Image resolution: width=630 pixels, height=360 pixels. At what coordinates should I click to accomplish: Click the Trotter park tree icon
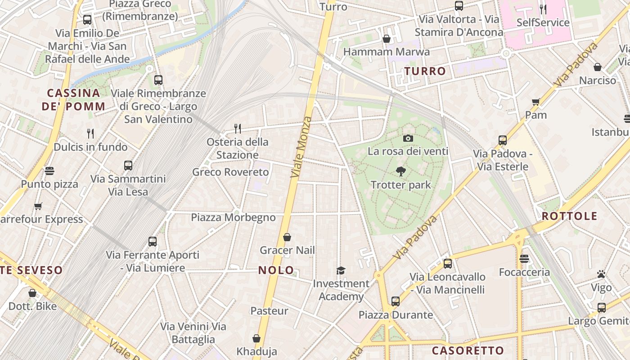(x=400, y=171)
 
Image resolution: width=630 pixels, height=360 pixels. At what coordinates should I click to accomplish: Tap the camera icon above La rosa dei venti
(x=408, y=138)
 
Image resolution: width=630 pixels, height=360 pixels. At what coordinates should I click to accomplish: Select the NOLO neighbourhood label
(x=276, y=270)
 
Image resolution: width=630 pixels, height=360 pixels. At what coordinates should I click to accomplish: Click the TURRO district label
(x=425, y=71)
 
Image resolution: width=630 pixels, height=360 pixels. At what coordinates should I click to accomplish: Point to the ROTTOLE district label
(x=569, y=216)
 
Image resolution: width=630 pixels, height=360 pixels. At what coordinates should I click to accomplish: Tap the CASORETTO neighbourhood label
(x=468, y=351)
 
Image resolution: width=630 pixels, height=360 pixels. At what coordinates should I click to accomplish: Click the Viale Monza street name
(x=301, y=147)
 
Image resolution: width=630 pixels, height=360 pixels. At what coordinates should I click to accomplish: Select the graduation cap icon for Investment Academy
(x=341, y=270)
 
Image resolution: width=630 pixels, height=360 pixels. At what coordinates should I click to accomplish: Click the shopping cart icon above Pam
(x=535, y=102)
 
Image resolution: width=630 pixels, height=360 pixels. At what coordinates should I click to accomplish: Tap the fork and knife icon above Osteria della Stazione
(x=238, y=129)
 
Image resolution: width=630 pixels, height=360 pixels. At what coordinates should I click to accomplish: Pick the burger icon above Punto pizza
(x=49, y=171)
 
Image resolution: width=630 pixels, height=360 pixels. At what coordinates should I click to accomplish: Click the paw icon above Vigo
(x=601, y=274)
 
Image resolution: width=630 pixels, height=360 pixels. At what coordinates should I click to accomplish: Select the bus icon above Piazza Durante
(x=396, y=301)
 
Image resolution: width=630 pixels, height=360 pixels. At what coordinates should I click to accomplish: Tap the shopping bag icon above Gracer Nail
(x=287, y=237)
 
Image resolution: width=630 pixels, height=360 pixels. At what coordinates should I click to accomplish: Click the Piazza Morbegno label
(x=233, y=217)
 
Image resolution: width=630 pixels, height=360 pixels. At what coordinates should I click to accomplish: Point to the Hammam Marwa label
(x=386, y=52)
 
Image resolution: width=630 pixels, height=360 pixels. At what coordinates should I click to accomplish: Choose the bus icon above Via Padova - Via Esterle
(x=503, y=140)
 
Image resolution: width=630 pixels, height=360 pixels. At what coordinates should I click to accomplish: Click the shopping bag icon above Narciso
(x=598, y=67)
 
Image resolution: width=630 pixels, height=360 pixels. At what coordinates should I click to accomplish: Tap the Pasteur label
(x=269, y=310)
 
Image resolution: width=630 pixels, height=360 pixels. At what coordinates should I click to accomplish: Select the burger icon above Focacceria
(x=524, y=259)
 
